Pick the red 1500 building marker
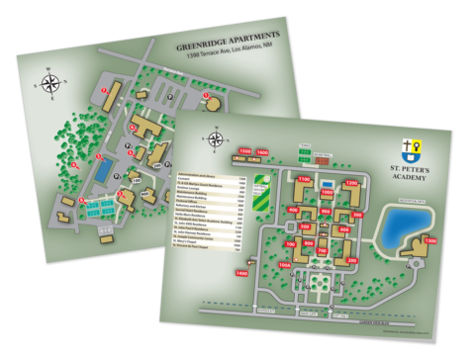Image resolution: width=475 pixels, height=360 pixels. (244, 150)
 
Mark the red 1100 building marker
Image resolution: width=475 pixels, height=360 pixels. (304, 179)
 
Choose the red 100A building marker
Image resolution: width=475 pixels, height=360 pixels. (285, 266)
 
